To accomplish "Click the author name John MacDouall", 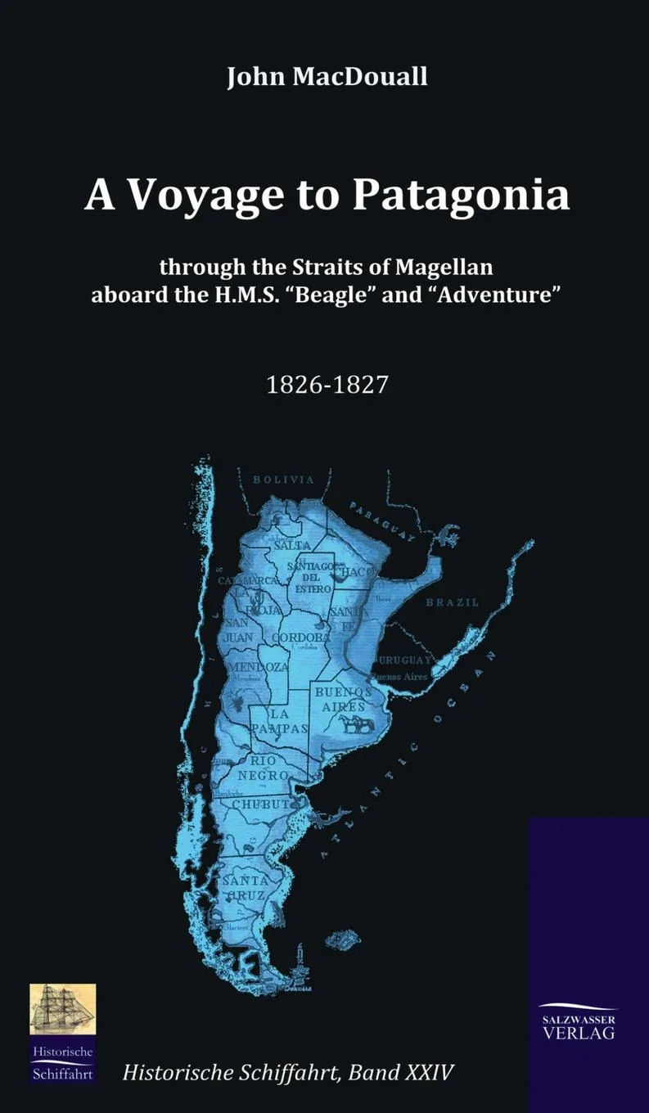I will (327, 78).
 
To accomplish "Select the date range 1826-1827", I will (327, 385).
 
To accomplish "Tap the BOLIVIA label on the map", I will (283, 480).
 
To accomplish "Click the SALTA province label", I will (292, 544).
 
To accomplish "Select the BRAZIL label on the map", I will (453, 602).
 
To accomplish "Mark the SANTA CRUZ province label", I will (245, 888).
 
